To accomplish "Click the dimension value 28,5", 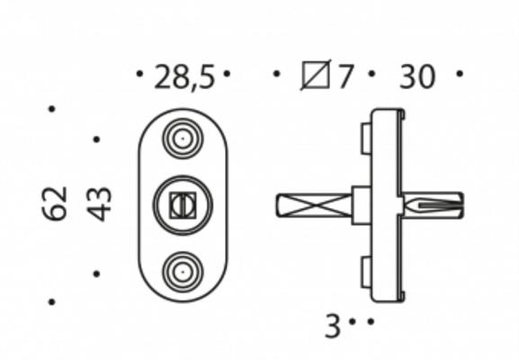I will pos(184,77).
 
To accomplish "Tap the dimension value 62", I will pos(55,203).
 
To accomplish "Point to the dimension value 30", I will pos(416,77).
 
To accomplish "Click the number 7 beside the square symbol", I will pos(346,77).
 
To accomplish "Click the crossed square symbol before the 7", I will pos(316,76).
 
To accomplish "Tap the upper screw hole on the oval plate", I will pos(183,139).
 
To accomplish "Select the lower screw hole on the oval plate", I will pos(183,271).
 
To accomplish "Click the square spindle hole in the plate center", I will pos(183,205).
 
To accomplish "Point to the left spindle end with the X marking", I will pos(311,205).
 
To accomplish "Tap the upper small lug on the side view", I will pos(365,139).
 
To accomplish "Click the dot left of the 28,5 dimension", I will pos(139,74).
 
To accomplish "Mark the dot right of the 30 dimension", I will pos(460,74).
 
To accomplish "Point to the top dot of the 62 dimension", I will pos(51,109).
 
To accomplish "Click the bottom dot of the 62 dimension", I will pos(51,301).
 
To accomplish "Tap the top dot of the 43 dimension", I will pos(96,139).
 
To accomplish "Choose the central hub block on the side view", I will pos(361,205).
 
